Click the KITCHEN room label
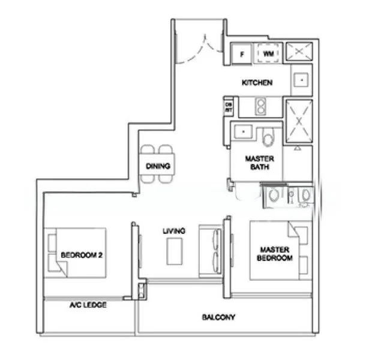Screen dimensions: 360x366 tap(257, 82)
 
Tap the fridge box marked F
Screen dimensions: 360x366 tap(242, 54)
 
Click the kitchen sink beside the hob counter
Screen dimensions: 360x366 tap(301, 79)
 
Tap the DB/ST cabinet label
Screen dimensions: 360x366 tap(229, 107)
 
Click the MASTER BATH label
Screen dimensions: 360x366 tap(260, 163)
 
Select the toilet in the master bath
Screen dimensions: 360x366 tap(268, 136)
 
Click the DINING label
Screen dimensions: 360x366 tap(158, 166)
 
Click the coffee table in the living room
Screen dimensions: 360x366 tap(175, 250)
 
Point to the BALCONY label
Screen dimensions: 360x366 tap(218, 317)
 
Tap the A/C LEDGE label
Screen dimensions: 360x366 tap(88, 305)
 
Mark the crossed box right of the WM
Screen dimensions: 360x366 tap(296, 53)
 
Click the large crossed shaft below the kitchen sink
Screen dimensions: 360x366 tap(298, 122)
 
